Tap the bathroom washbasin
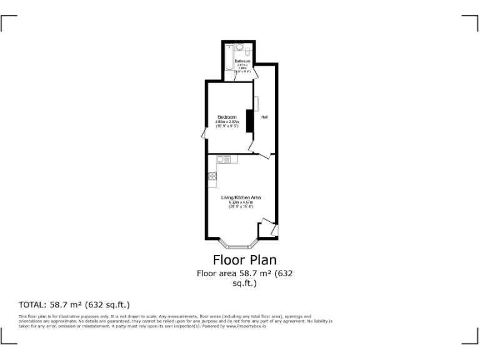[x=239, y=47]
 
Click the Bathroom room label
[x=242, y=61]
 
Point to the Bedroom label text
[x=227, y=117]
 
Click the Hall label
[x=264, y=117]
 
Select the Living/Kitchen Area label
[x=241, y=197]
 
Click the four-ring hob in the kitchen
[x=212, y=176]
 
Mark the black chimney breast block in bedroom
[x=249, y=121]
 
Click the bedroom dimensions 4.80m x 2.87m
[x=228, y=122]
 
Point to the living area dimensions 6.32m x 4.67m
[x=241, y=202]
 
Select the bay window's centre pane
[x=237, y=246]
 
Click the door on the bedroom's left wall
[x=204, y=133]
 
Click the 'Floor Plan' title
[x=244, y=259]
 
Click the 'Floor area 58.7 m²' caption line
[x=244, y=273]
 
